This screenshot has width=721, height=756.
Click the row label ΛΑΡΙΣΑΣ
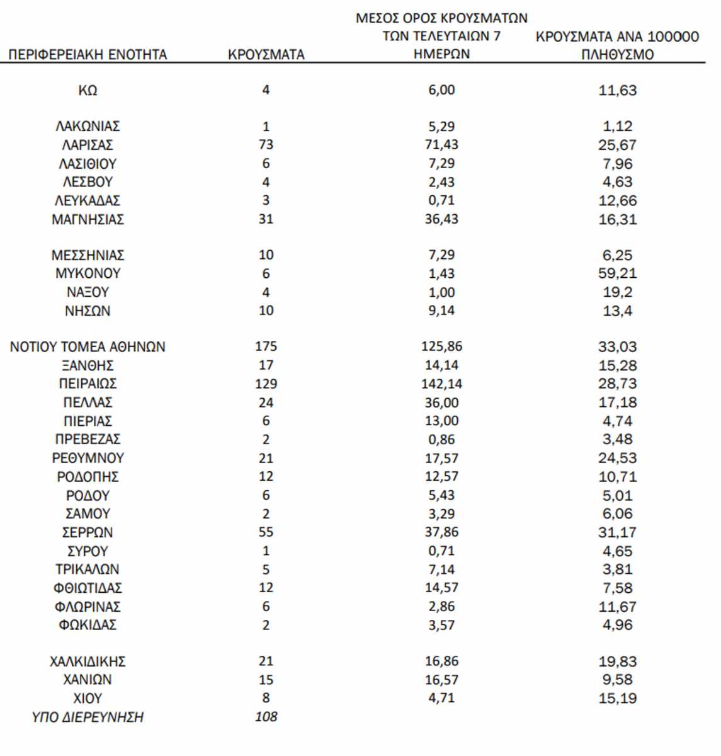point(88,145)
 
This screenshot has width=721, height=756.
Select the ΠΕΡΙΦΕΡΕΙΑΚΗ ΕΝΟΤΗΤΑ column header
point(88,55)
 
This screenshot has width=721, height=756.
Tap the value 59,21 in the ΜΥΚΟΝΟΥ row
point(617,273)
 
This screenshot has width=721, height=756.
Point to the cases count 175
point(266,346)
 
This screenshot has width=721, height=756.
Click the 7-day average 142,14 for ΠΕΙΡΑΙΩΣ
point(441,384)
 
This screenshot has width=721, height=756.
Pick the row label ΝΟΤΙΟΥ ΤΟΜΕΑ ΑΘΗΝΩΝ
point(88,346)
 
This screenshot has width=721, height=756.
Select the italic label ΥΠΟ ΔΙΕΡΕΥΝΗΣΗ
point(88,717)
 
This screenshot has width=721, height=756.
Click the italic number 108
point(266,717)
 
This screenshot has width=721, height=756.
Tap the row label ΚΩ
point(88,90)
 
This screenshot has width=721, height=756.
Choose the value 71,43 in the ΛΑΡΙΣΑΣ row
point(441,145)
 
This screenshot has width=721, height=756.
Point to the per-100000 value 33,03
point(617,346)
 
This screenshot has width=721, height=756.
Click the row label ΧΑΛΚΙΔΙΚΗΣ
point(88,661)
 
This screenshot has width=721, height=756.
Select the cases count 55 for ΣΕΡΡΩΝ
point(266,532)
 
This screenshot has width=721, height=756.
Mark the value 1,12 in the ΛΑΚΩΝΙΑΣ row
point(617,126)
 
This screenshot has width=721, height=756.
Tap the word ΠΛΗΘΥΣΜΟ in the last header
point(617,55)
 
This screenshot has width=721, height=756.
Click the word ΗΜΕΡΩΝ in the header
point(441,54)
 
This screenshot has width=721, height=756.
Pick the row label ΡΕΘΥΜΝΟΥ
point(88,458)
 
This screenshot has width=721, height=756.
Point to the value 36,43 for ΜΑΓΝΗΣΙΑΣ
point(441,219)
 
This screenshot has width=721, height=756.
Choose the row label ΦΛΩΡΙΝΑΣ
point(88,607)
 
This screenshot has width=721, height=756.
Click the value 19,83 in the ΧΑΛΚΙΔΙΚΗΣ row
point(617,661)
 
